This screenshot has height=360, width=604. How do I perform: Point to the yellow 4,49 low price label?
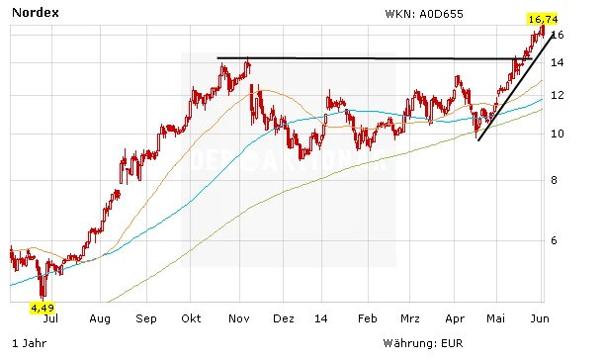click(x=42, y=309)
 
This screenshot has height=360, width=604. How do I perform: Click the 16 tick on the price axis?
click(x=558, y=35)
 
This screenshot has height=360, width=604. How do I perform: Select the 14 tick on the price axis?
click(x=558, y=63)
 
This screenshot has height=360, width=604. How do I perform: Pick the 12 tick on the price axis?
click(x=558, y=95)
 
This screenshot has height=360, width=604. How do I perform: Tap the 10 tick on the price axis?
click(x=558, y=134)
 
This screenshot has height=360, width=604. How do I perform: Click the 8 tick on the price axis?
click(x=558, y=180)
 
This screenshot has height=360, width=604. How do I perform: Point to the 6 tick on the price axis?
click(x=558, y=240)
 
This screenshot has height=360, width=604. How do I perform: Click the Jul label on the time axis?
click(x=51, y=319)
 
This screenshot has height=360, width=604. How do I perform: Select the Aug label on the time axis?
click(x=98, y=319)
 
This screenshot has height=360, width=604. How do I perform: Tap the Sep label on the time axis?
click(x=145, y=319)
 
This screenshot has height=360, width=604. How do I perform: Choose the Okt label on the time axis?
click(x=192, y=319)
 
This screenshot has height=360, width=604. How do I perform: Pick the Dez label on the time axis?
click(x=284, y=319)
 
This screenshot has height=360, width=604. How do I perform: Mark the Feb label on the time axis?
click(x=367, y=319)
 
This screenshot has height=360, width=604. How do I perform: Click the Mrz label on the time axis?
click(x=411, y=319)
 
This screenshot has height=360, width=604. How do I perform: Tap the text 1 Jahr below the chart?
click(x=26, y=342)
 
